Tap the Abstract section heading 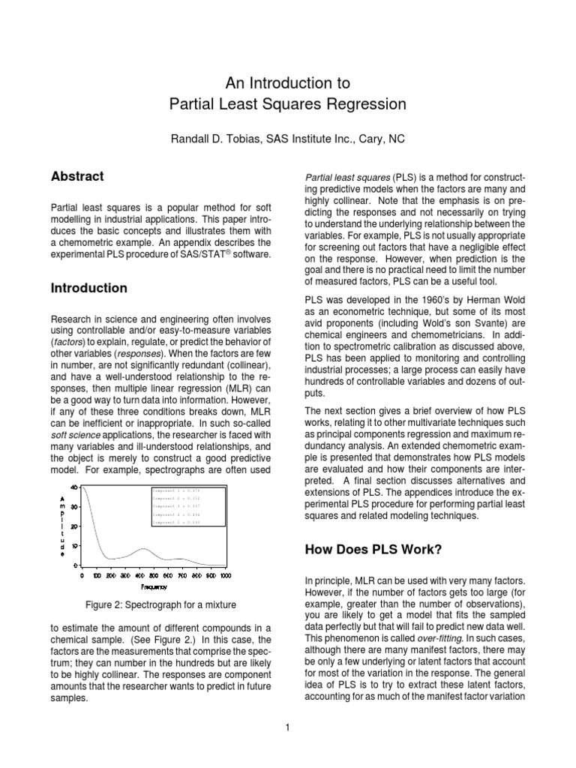coord(76,177)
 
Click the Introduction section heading coord(88,288)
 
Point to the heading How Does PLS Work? coord(373,549)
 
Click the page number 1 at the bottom coord(287,726)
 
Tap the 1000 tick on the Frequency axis coord(225,577)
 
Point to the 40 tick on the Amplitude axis coord(74,487)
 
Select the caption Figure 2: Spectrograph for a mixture coord(162,605)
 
